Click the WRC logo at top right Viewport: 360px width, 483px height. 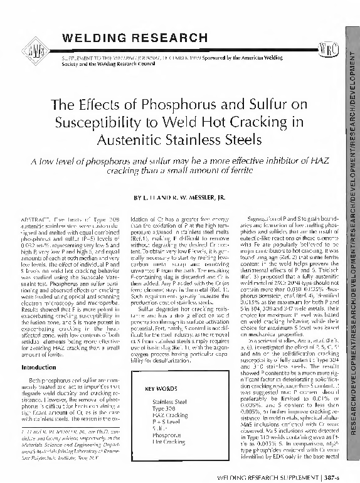click(329, 48)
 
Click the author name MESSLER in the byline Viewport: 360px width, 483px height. click(208, 197)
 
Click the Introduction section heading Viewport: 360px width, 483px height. click(39, 349)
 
